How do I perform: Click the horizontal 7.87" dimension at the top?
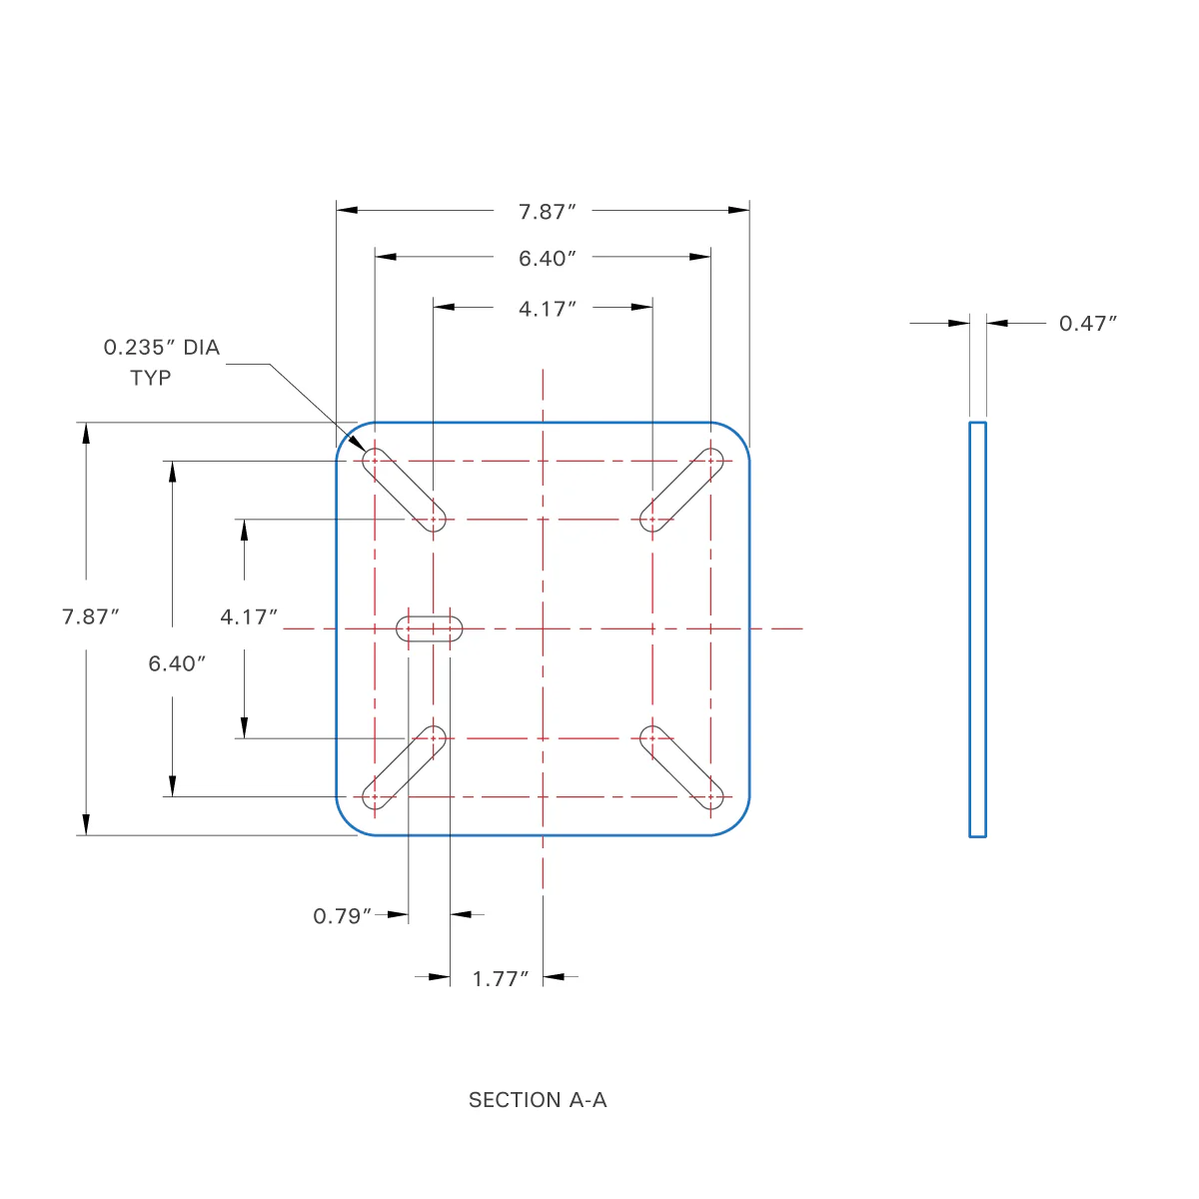pyautogui.click(x=547, y=212)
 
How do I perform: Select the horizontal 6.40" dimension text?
pyautogui.click(x=547, y=259)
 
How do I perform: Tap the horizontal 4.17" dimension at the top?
pyautogui.click(x=547, y=309)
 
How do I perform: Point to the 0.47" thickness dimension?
pyautogui.click(x=1087, y=323)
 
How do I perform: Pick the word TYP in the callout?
pyautogui.click(x=151, y=378)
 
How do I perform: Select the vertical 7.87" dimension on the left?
pyautogui.click(x=90, y=616)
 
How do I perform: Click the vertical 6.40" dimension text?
pyautogui.click(x=177, y=663)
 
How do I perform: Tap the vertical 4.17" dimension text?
pyautogui.click(x=248, y=616)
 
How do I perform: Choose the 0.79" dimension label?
pyautogui.click(x=343, y=916)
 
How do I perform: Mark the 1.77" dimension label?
pyautogui.click(x=500, y=978)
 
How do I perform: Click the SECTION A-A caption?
pyautogui.click(x=538, y=1100)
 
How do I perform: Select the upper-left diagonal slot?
pyautogui.click(x=404, y=490)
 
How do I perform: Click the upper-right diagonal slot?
pyautogui.click(x=681, y=490)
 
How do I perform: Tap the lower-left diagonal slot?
pyautogui.click(x=404, y=767)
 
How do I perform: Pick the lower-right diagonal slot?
pyautogui.click(x=681, y=767)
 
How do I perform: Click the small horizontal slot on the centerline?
pyautogui.click(x=430, y=628)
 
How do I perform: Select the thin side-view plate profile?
pyautogui.click(x=977, y=629)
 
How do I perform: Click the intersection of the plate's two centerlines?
pyautogui.click(x=543, y=628)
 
